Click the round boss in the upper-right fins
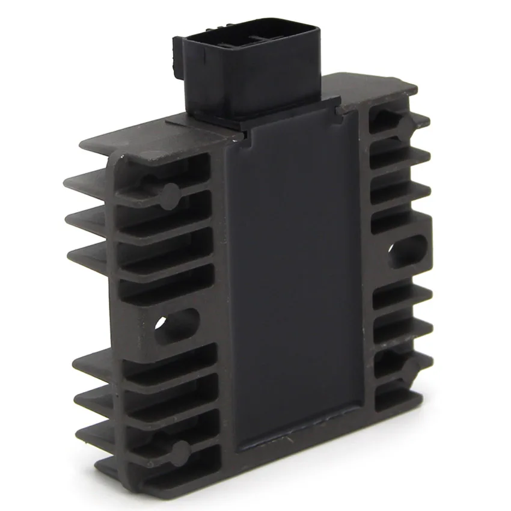tap(402, 124)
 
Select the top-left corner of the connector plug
tap(176, 40)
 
